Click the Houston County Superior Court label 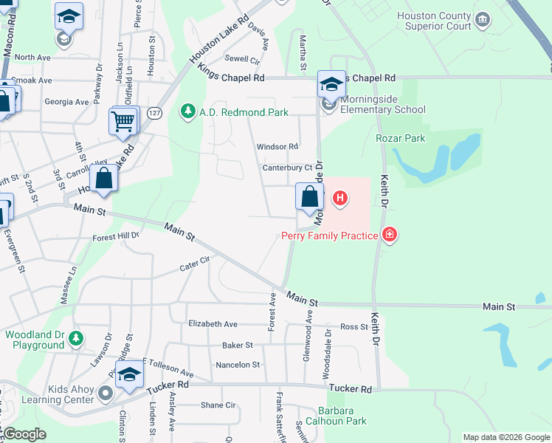click(434, 21)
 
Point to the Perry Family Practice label click(329, 236)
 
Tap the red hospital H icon click(340, 198)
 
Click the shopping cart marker click(123, 120)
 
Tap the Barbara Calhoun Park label click(342, 416)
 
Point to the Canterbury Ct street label click(288, 168)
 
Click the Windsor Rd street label click(277, 147)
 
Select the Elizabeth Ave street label click(213, 323)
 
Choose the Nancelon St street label click(237, 365)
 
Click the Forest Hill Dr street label click(116, 237)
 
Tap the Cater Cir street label click(195, 264)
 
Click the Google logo click(24, 434)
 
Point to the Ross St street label click(353, 326)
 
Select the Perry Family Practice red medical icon click(390, 236)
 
